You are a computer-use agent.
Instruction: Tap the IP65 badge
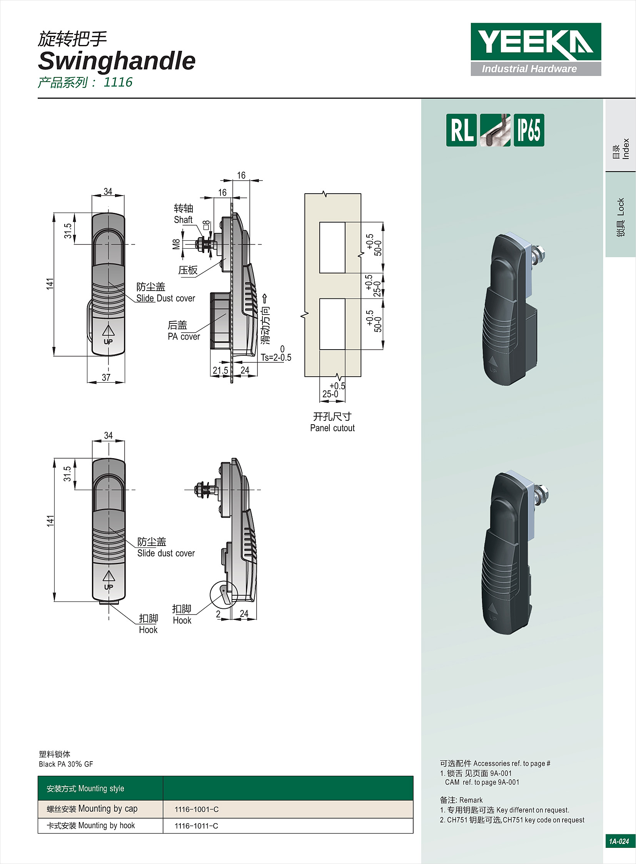click(529, 130)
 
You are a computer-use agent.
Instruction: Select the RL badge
click(461, 130)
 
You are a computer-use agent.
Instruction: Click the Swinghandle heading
click(117, 61)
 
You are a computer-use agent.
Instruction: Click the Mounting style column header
click(85, 789)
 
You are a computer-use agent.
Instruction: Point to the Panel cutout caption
click(332, 428)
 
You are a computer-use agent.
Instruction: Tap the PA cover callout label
click(184, 337)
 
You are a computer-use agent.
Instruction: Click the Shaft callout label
click(183, 219)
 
